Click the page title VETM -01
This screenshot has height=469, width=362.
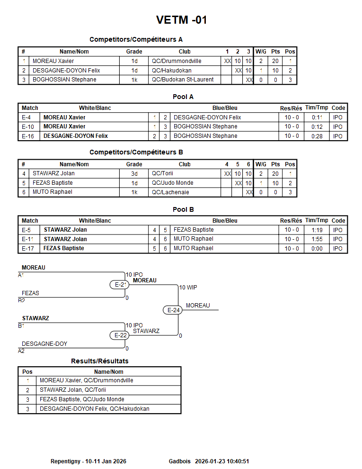(181, 20)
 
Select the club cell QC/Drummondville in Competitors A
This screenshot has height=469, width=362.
(177, 61)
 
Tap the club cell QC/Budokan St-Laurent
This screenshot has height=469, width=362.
(183, 80)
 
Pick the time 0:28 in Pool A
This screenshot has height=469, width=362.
(317, 136)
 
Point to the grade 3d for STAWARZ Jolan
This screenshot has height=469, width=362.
(134, 173)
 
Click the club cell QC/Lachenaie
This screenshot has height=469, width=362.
(170, 192)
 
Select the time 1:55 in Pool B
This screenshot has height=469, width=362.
(317, 239)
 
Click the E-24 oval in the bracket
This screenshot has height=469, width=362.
(174, 310)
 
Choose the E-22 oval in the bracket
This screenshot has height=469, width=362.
(121, 335)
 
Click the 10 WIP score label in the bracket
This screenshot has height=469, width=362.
(188, 288)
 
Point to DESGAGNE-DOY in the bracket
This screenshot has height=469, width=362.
(44, 344)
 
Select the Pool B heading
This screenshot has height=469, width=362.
(183, 209)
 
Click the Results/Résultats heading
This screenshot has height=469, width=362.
(99, 361)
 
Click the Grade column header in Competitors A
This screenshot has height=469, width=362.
(134, 52)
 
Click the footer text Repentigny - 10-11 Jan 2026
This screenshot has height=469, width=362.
(88, 461)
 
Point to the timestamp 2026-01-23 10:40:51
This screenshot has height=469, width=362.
(222, 461)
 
